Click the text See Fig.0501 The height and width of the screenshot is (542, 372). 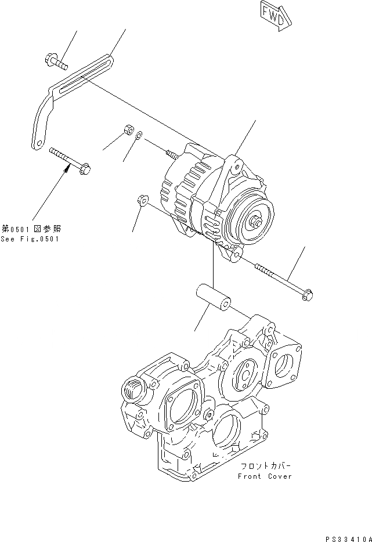[x=30, y=239]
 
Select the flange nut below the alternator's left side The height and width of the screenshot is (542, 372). [x=141, y=200]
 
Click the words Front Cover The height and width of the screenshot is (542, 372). [x=265, y=476]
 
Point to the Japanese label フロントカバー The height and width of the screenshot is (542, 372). [x=265, y=467]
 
